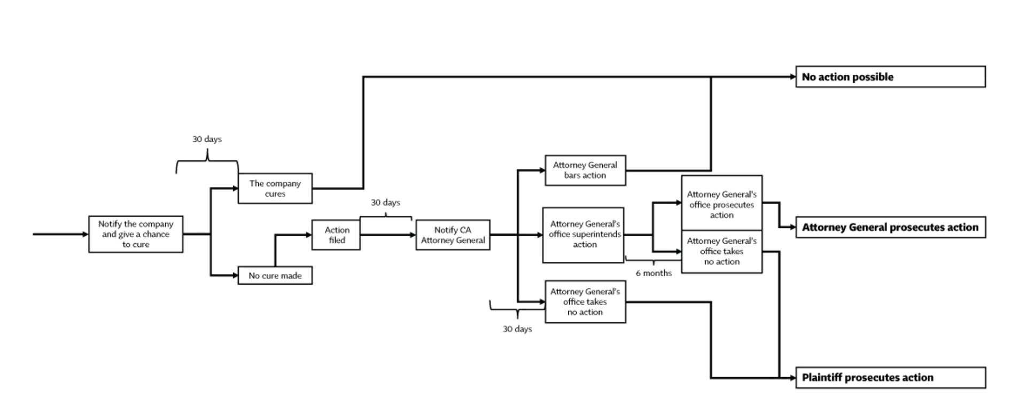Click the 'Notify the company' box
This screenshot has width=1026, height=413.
coord(136,234)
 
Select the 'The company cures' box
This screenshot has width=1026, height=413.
coord(275,188)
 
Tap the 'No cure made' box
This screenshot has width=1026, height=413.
coord(275,276)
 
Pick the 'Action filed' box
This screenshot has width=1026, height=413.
coord(336,235)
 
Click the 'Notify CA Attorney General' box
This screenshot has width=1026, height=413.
coord(453,235)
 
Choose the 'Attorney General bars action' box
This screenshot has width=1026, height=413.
coord(585,170)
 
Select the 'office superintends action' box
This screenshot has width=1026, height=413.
coord(584,235)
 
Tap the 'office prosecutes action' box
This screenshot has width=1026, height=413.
coord(721,204)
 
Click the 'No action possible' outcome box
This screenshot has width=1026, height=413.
coord(890,77)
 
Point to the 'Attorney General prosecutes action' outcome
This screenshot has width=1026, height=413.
coord(890,228)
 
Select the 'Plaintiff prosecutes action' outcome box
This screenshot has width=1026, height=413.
coord(890,378)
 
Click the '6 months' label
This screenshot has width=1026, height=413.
coord(654,273)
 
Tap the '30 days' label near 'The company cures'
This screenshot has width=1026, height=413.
coord(207,139)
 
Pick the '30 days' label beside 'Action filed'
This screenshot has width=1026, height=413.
coord(385,203)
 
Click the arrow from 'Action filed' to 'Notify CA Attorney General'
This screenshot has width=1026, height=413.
coord(387,235)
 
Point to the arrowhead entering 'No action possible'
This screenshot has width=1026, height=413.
coord(793,77)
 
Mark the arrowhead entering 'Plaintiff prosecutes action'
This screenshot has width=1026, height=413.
coord(793,378)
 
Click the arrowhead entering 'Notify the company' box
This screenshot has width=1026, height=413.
coord(85,234)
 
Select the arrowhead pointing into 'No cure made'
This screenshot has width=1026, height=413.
coord(235,276)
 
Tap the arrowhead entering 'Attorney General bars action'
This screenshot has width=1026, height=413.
coord(542,170)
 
